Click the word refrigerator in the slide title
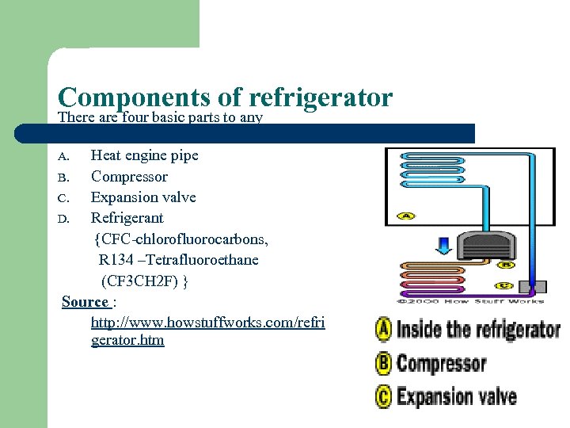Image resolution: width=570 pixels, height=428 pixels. click(320, 97)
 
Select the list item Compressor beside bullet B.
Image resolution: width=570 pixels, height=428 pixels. click(129, 177)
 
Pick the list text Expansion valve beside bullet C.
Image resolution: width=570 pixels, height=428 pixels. click(143, 197)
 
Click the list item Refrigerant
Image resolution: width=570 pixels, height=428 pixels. click(127, 218)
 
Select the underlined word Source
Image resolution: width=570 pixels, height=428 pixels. click(85, 302)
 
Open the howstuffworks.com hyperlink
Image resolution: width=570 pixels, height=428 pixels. click(207, 323)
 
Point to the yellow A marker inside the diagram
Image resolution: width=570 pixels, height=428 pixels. click(407, 216)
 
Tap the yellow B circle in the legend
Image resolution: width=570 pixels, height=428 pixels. click(384, 364)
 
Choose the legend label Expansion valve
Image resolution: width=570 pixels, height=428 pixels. click(456, 396)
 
